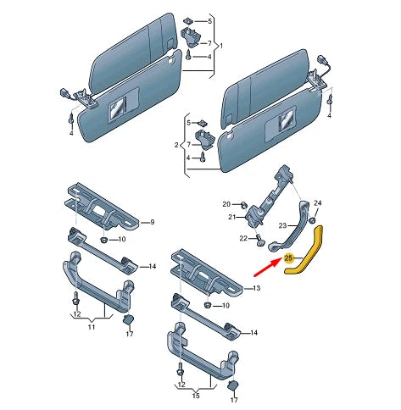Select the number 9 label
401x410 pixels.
pyautogui.click(x=152, y=222)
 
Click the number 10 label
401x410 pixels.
pyautogui.click(x=121, y=241)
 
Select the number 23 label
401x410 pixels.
pyautogui.click(x=285, y=224)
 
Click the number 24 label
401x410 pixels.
pyautogui.click(x=318, y=203)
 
